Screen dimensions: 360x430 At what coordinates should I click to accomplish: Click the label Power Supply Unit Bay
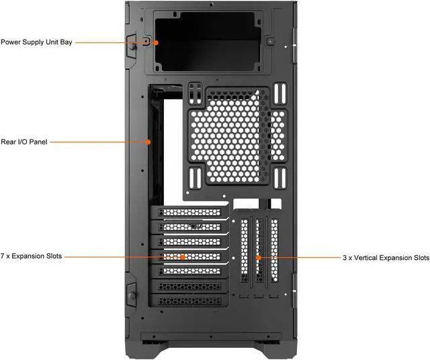coord(36,42)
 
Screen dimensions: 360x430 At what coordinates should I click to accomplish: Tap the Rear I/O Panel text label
coord(24,142)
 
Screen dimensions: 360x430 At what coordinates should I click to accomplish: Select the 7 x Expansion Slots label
coord(31,257)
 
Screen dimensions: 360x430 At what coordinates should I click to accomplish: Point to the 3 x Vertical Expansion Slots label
coord(386,257)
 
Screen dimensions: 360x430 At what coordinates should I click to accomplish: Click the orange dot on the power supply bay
coord(156,42)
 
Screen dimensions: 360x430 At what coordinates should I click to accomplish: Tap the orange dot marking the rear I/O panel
coord(148,142)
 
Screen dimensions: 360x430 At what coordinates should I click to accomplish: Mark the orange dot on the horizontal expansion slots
coord(182,257)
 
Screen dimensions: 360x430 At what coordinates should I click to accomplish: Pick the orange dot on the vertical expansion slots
coord(258,257)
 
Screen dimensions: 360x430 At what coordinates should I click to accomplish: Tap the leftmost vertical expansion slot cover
coord(244,252)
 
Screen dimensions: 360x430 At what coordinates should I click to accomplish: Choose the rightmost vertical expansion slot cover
coord(274,252)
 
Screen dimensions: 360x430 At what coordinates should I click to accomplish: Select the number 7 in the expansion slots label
coord(3,257)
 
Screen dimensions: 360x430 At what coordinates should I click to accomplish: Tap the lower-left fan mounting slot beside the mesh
coord(196,178)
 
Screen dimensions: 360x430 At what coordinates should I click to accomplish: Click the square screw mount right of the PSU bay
coord(269,41)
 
